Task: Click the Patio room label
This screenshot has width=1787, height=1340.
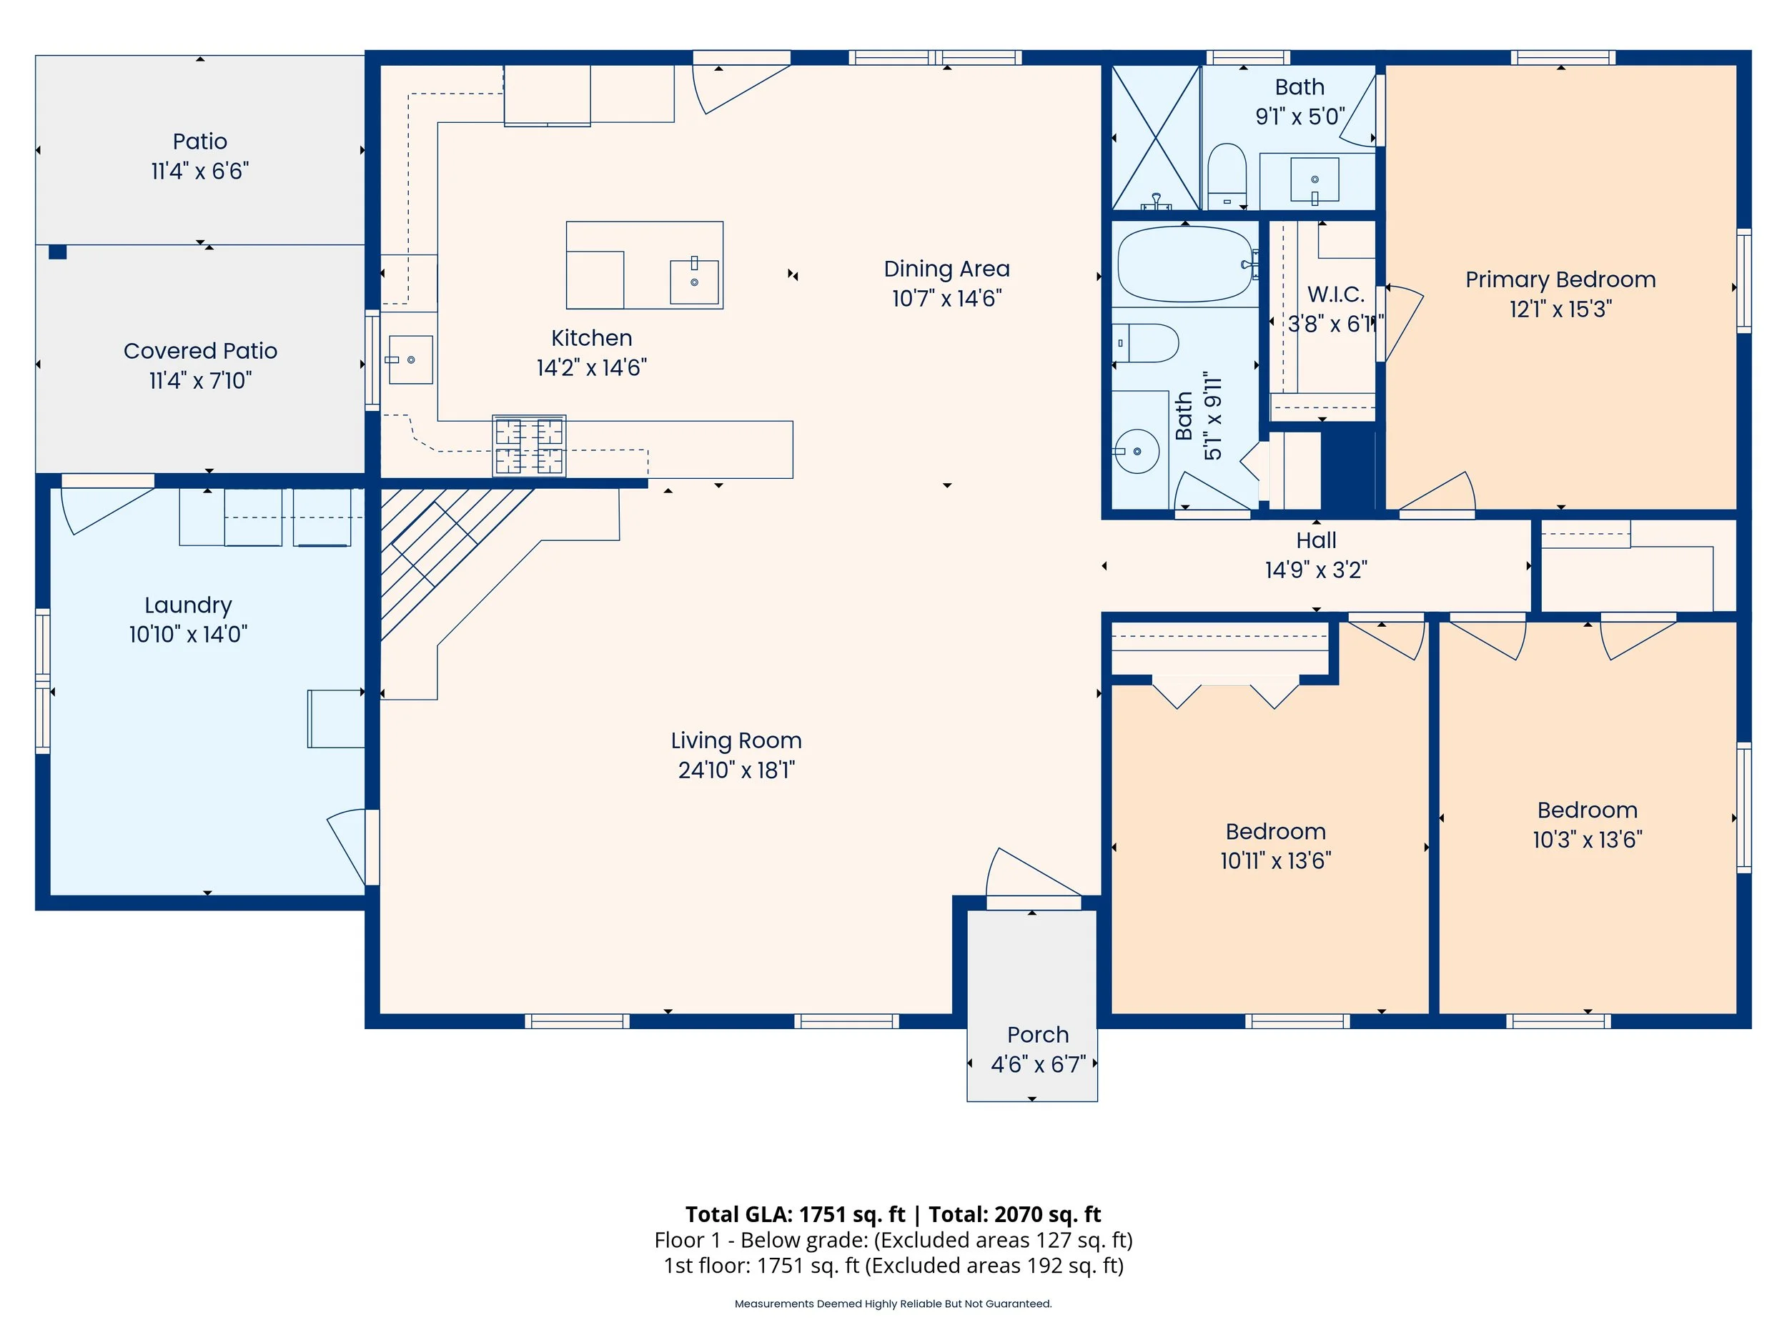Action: [199, 142]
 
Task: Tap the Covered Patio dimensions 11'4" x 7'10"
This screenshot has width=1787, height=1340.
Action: [200, 380]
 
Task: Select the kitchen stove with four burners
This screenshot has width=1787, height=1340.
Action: [529, 446]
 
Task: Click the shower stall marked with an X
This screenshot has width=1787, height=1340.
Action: [1156, 138]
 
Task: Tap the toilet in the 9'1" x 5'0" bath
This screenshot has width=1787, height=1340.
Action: [1227, 176]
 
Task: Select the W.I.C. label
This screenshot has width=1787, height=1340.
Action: [1335, 294]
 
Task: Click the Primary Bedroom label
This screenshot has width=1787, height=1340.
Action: [1560, 279]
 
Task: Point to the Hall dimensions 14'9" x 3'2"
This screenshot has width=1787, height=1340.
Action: [1316, 570]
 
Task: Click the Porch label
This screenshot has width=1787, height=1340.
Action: [1037, 1035]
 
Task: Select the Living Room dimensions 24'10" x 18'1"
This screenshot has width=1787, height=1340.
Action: [736, 770]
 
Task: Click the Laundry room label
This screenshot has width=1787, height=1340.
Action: [188, 605]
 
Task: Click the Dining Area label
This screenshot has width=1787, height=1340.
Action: [946, 269]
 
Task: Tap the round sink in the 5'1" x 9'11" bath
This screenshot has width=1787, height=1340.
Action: [1137, 451]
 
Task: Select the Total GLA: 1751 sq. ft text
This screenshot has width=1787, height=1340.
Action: [795, 1214]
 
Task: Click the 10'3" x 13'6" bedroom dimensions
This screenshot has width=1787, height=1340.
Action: [1587, 840]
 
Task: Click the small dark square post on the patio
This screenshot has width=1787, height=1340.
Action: [57, 252]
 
